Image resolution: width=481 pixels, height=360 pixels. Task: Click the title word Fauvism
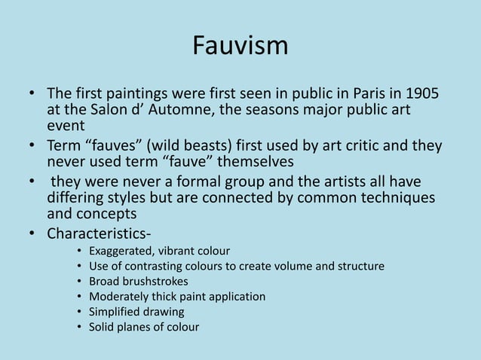click(240, 46)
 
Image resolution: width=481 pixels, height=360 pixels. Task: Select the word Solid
click(102, 326)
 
